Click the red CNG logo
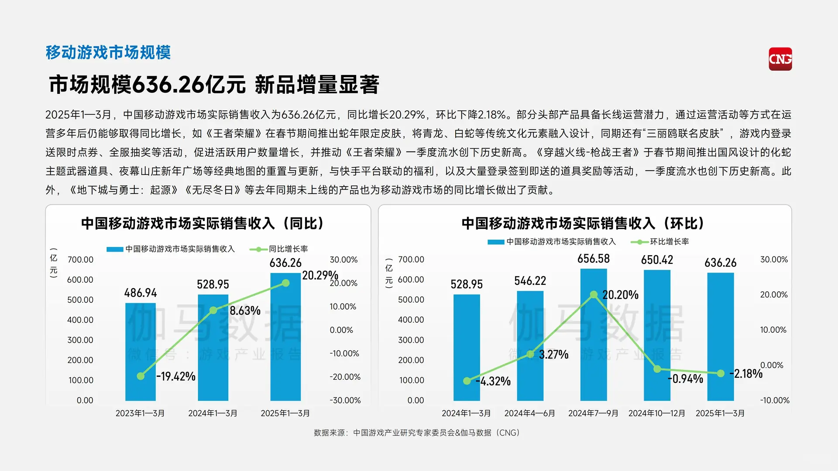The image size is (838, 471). [780, 59]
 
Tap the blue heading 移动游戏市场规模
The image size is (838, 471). [108, 52]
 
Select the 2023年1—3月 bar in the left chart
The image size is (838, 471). [140, 352]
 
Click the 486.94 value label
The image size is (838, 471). [140, 293]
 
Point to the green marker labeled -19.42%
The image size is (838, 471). [141, 376]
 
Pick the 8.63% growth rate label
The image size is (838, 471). [245, 311]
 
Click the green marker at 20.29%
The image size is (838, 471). [285, 283]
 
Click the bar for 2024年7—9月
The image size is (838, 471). [593, 334]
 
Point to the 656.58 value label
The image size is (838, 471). [593, 259]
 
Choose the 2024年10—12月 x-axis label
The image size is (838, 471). [656, 413]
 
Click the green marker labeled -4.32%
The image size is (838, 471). [467, 381]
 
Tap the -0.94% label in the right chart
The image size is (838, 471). [685, 379]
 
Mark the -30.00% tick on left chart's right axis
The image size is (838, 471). [345, 400]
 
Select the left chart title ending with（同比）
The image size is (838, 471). [202, 223]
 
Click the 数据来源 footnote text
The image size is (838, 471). [417, 433]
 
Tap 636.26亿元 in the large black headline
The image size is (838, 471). [189, 85]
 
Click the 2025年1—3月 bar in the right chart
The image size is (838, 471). [720, 336]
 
